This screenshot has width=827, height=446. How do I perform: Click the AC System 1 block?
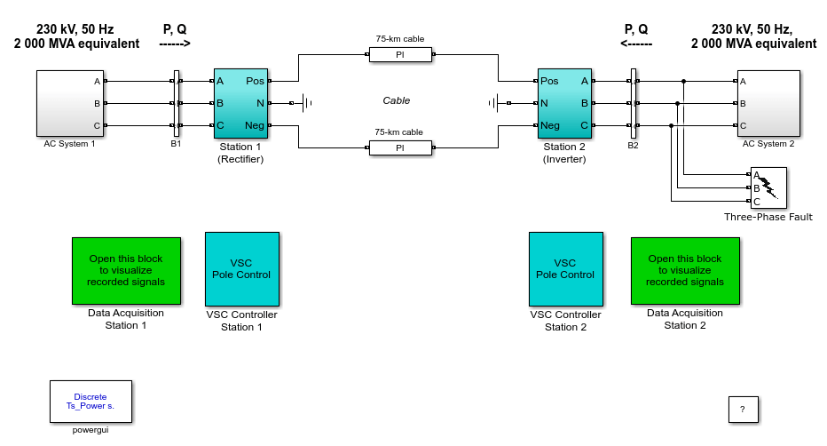pyautogui.click(x=70, y=103)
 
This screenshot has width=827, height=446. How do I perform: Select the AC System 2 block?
pyautogui.click(x=768, y=103)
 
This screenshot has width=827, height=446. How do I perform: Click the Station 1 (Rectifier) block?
pyautogui.click(x=241, y=103)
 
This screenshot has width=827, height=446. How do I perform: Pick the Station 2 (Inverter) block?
pyautogui.click(x=564, y=103)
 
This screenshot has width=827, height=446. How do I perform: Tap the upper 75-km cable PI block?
pyautogui.click(x=400, y=54)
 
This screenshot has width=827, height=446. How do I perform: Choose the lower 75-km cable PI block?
pyautogui.click(x=400, y=147)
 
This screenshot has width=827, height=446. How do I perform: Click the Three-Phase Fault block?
pyautogui.click(x=768, y=187)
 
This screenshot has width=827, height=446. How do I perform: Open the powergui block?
pyautogui.click(x=91, y=402)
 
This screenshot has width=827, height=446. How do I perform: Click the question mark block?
pyautogui.click(x=743, y=410)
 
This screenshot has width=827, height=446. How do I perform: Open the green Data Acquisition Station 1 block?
pyautogui.click(x=127, y=271)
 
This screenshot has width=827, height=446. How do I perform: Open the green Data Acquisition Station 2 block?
pyautogui.click(x=685, y=271)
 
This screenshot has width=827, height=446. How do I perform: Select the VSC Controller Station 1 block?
pyautogui.click(x=242, y=269)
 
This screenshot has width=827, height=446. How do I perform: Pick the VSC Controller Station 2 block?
pyautogui.click(x=566, y=269)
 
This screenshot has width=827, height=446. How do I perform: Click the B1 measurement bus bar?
pyautogui.click(x=177, y=103)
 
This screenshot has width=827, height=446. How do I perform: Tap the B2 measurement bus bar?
pyautogui.click(x=634, y=103)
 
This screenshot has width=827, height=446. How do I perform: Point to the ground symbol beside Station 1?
pyautogui.click(x=306, y=103)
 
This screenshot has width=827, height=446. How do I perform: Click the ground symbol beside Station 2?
pyautogui.click(x=493, y=103)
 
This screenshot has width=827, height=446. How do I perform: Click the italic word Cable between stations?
pyautogui.click(x=397, y=100)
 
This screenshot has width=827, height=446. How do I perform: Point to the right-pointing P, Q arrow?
pyautogui.click(x=175, y=44)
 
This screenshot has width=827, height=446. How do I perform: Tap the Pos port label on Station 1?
pyautogui.click(x=255, y=81)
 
